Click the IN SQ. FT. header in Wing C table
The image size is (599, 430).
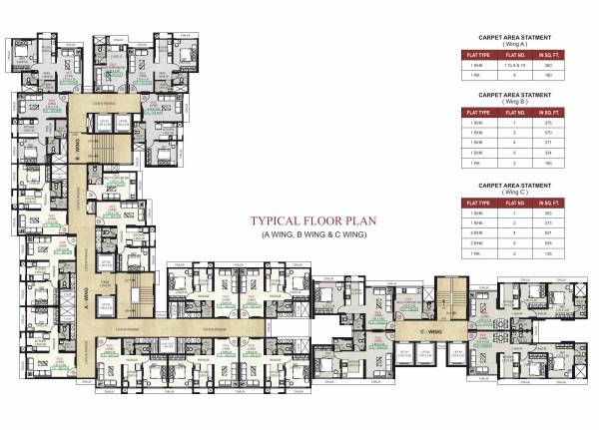point(546,203)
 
